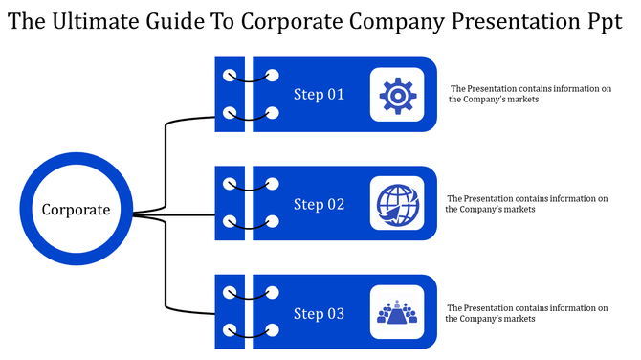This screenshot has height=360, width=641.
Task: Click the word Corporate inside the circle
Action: click(x=76, y=209)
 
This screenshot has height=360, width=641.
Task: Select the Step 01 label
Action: click(x=318, y=95)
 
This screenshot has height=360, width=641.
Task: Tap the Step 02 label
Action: click(x=318, y=204)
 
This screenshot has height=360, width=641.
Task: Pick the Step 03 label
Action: click(x=318, y=314)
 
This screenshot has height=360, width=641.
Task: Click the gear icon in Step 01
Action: click(x=397, y=95)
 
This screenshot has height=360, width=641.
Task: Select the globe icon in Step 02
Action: click(x=397, y=204)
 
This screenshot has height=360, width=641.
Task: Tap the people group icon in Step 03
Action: click(x=397, y=313)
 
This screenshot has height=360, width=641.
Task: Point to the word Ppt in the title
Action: click(x=605, y=21)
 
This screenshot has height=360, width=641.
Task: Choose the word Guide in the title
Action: click(x=179, y=21)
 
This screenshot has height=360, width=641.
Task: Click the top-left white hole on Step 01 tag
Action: click(x=228, y=75)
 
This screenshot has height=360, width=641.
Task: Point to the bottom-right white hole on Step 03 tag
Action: click(x=273, y=332)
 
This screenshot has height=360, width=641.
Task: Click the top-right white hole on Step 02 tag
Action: click(x=273, y=183)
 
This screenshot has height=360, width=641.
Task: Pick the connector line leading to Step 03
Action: click(x=166, y=278)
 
